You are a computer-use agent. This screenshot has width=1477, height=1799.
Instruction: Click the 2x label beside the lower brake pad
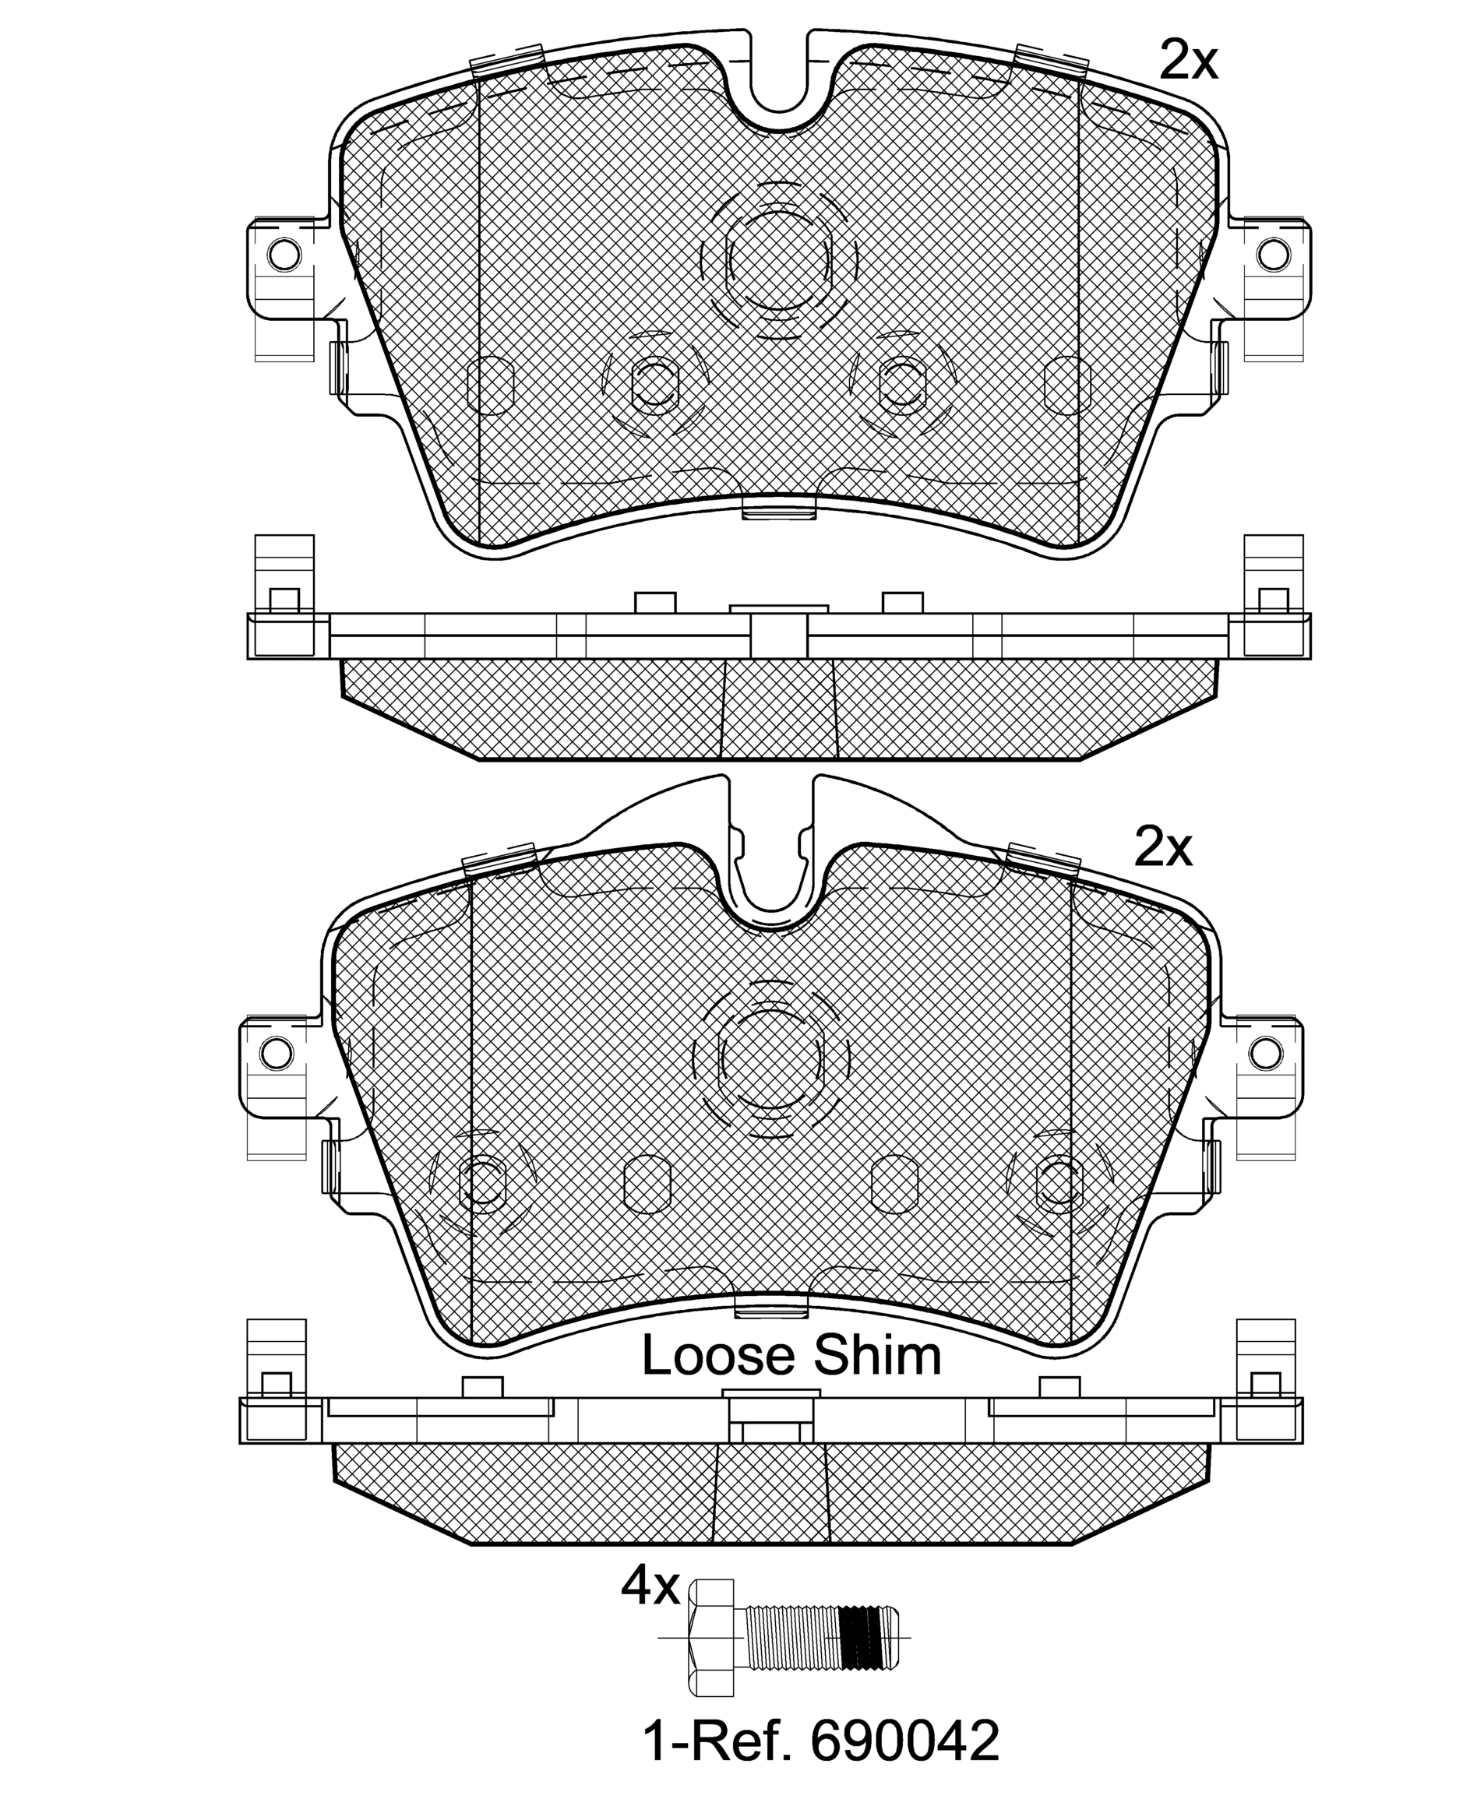[1163, 848]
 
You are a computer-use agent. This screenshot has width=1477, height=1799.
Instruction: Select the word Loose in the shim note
[711, 1356]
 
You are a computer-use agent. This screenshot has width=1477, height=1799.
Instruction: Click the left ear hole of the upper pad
[284, 252]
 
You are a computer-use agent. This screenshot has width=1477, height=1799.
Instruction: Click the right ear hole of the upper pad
[1273, 252]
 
